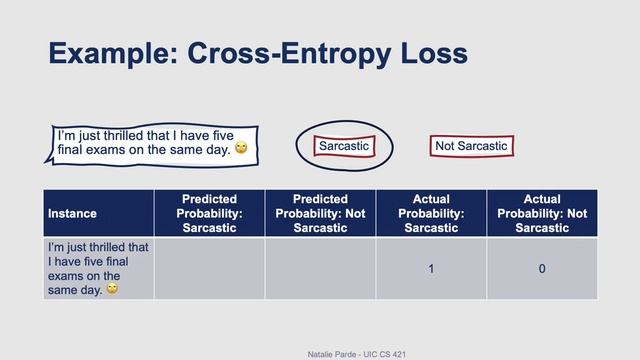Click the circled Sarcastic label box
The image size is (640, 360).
click(x=343, y=146)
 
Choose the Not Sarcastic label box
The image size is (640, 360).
click(x=471, y=146)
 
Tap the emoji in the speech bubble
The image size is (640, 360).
click(x=240, y=148)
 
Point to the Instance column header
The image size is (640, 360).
click(x=72, y=213)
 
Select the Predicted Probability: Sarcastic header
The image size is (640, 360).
click(x=209, y=213)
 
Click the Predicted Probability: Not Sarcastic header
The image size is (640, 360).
click(x=320, y=213)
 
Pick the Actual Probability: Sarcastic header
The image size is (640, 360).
click(x=431, y=213)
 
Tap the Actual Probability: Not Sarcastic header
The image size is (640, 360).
click(x=541, y=213)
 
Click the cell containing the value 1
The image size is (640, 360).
click(x=431, y=268)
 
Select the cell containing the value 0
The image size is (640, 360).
click(x=541, y=268)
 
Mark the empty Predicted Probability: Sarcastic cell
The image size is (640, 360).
click(x=209, y=268)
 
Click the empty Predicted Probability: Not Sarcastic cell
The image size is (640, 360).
click(x=320, y=268)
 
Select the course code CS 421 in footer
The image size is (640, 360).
click(x=394, y=354)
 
